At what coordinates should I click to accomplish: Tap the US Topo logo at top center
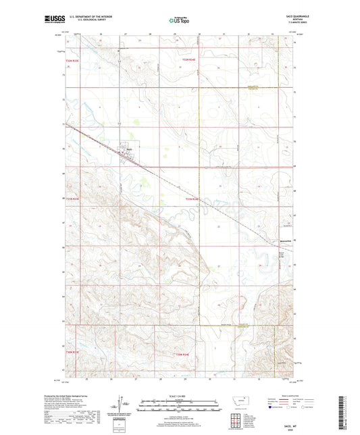(179, 20)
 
